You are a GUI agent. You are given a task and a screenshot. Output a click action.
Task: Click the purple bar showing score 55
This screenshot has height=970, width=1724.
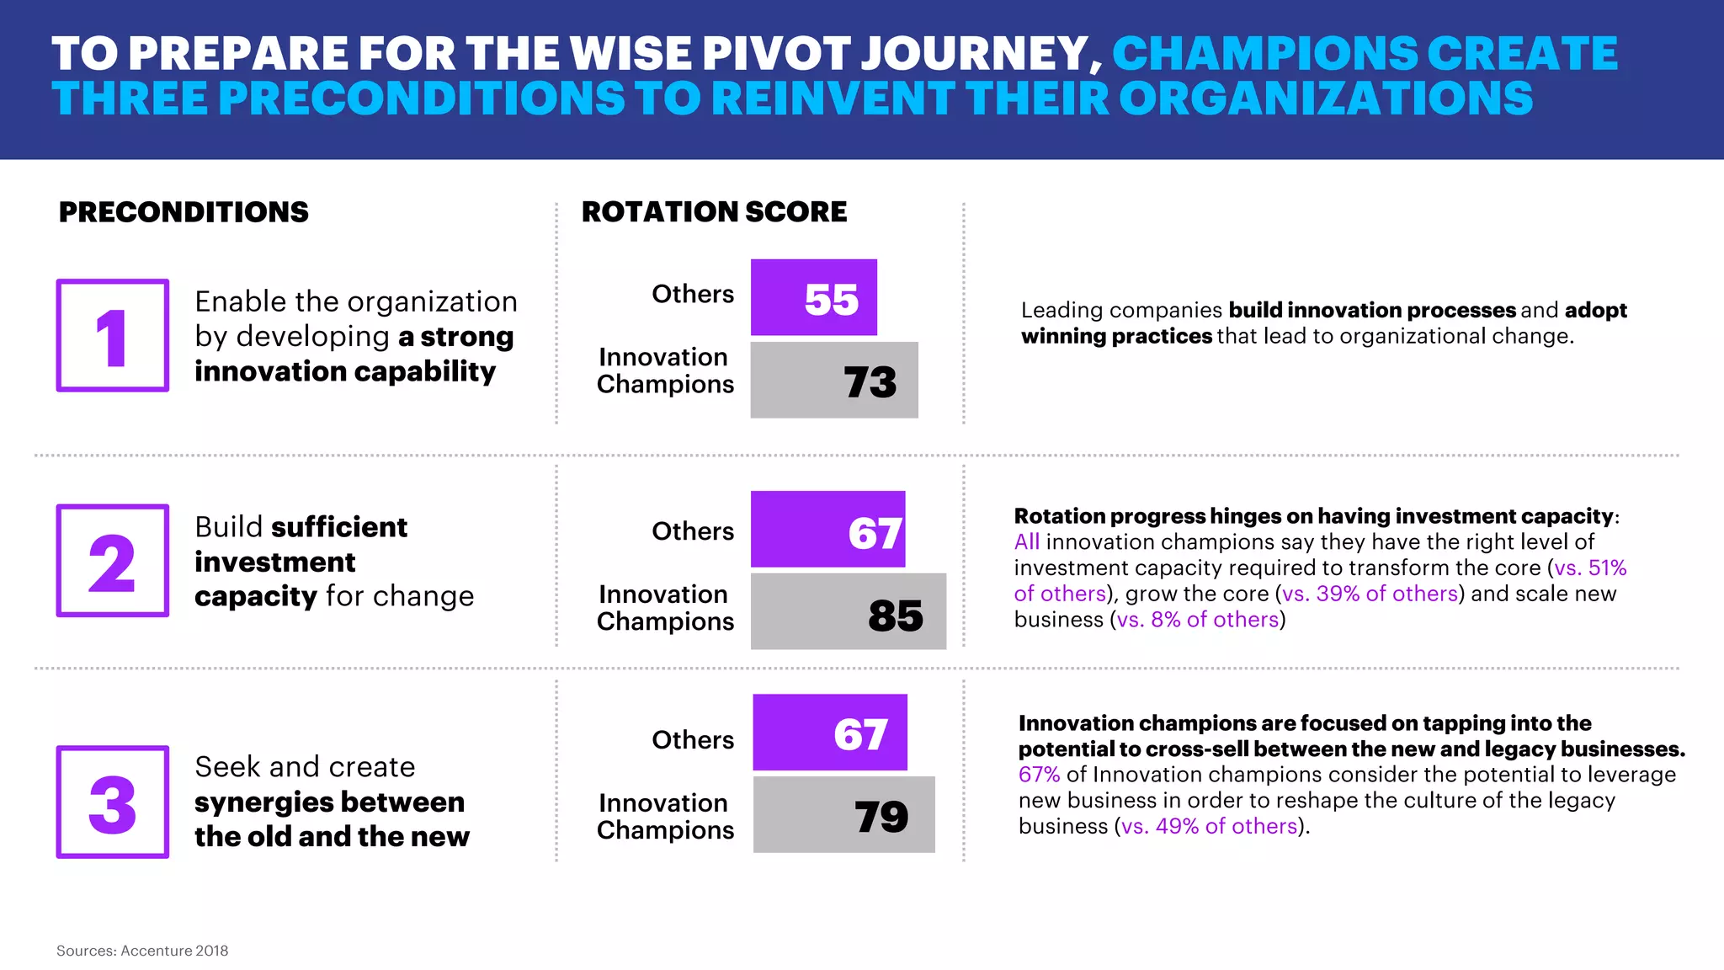tap(813, 297)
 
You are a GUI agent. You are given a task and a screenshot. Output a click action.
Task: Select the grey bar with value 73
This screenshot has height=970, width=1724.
tap(833, 380)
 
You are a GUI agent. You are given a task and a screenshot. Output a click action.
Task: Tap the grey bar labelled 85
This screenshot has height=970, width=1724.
tap(848, 612)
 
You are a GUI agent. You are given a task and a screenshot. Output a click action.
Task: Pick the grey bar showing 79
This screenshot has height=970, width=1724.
tap(843, 815)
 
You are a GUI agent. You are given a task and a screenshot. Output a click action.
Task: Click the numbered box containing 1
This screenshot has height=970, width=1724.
tap(113, 335)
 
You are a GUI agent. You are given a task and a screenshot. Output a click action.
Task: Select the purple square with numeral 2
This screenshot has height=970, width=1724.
tap(113, 561)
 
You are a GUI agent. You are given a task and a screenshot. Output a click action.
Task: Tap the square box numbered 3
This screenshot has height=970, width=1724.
tap(113, 802)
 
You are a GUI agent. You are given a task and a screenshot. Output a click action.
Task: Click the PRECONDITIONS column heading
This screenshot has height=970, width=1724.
tap(184, 212)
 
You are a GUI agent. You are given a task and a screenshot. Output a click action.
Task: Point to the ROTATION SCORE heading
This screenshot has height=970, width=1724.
tap(714, 212)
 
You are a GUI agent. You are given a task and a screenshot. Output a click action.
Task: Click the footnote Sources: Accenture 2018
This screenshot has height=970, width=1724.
tap(142, 951)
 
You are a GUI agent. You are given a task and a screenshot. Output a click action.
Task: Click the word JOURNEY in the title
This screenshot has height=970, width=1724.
tap(981, 54)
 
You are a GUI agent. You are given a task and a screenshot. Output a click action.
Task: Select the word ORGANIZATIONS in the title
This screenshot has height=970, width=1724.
tap(1325, 99)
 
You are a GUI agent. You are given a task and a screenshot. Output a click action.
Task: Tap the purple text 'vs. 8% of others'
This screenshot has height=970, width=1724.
tap(1198, 620)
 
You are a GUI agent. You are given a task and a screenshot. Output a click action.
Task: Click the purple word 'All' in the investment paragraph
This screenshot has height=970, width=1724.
tap(1026, 542)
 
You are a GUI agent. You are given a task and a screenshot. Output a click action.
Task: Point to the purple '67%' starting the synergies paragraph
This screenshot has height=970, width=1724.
tap(1039, 775)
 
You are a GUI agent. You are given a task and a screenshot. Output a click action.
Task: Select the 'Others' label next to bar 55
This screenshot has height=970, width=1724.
tap(693, 294)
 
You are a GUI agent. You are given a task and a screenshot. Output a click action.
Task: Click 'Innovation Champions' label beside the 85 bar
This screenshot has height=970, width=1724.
tap(665, 608)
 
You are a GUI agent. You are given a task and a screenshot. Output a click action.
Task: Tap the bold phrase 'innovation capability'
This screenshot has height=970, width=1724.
tap(345, 371)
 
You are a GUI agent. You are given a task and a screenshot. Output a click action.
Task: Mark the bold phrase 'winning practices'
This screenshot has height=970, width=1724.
tap(1116, 337)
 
